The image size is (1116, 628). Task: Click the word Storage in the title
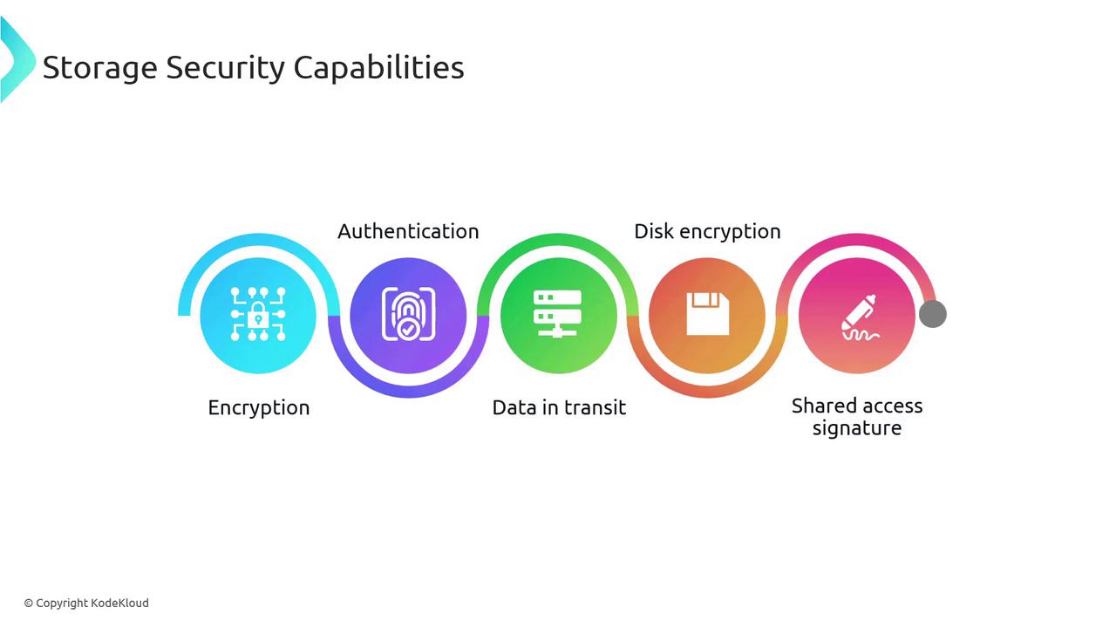tap(99, 68)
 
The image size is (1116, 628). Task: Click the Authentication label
tap(408, 231)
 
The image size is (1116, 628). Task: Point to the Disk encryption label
tap(707, 231)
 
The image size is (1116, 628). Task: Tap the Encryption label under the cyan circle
tap(259, 407)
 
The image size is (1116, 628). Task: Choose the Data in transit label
tap(559, 407)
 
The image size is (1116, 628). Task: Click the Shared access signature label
tap(857, 417)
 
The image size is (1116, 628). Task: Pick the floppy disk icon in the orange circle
tap(707, 314)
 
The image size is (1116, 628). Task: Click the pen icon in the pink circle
tap(859, 317)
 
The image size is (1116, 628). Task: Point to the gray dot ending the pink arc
tap(933, 314)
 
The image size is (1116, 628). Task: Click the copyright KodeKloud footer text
tap(86, 603)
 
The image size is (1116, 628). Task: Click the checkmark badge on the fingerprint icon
tap(407, 330)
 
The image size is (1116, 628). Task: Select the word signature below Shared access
tap(857, 428)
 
